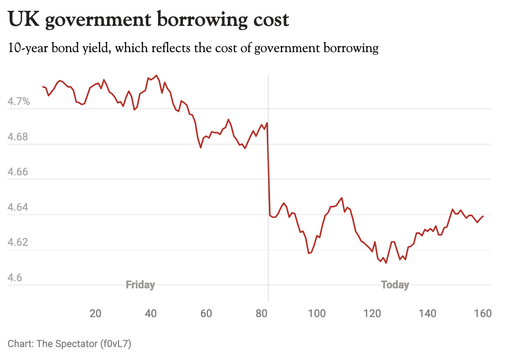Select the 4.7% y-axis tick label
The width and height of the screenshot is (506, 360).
point(19,101)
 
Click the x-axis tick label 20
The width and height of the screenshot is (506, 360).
point(96,313)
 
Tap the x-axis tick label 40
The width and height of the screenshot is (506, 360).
point(151,313)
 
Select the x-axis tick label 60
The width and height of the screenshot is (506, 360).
point(206,313)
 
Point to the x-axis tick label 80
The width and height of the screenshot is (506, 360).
point(262,313)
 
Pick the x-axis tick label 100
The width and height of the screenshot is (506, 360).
point(317,313)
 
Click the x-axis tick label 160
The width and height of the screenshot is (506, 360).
point(483,313)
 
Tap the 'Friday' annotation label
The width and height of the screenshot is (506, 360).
point(140,285)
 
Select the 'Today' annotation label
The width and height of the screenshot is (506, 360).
point(395,285)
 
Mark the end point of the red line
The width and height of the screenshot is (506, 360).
point(483,216)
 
